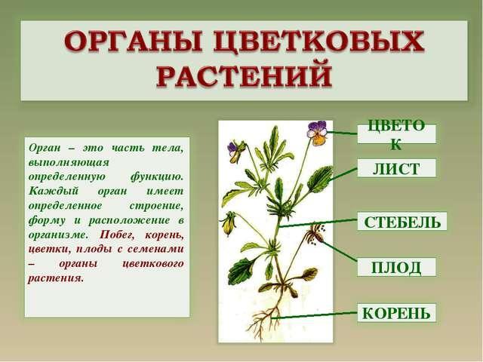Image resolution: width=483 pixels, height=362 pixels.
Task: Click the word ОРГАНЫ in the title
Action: point(134,42)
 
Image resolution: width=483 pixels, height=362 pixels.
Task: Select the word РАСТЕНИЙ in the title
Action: point(245,75)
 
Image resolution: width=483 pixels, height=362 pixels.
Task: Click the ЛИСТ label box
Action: point(396,168)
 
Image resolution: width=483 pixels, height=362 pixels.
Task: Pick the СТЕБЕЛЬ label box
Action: point(402,221)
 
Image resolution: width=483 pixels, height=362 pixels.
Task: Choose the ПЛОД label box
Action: point(396,267)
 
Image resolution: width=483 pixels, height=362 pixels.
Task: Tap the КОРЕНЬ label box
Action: point(397,313)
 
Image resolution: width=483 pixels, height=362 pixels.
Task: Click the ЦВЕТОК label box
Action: point(396,134)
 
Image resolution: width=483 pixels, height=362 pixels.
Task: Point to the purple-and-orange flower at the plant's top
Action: point(317,133)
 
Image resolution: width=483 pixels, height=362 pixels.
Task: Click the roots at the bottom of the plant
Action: point(266,320)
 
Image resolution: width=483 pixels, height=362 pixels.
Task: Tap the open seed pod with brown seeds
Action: point(315,235)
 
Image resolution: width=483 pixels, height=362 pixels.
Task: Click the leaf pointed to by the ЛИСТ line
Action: point(320,179)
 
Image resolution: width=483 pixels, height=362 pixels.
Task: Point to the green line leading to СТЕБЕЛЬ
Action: point(318,223)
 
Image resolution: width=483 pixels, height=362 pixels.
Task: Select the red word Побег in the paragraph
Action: point(115,235)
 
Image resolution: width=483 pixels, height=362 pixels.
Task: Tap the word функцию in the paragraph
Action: point(157,177)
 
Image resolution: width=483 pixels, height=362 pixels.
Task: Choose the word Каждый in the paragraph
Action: point(54,192)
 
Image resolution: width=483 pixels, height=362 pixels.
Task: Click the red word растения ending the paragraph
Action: point(56,278)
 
